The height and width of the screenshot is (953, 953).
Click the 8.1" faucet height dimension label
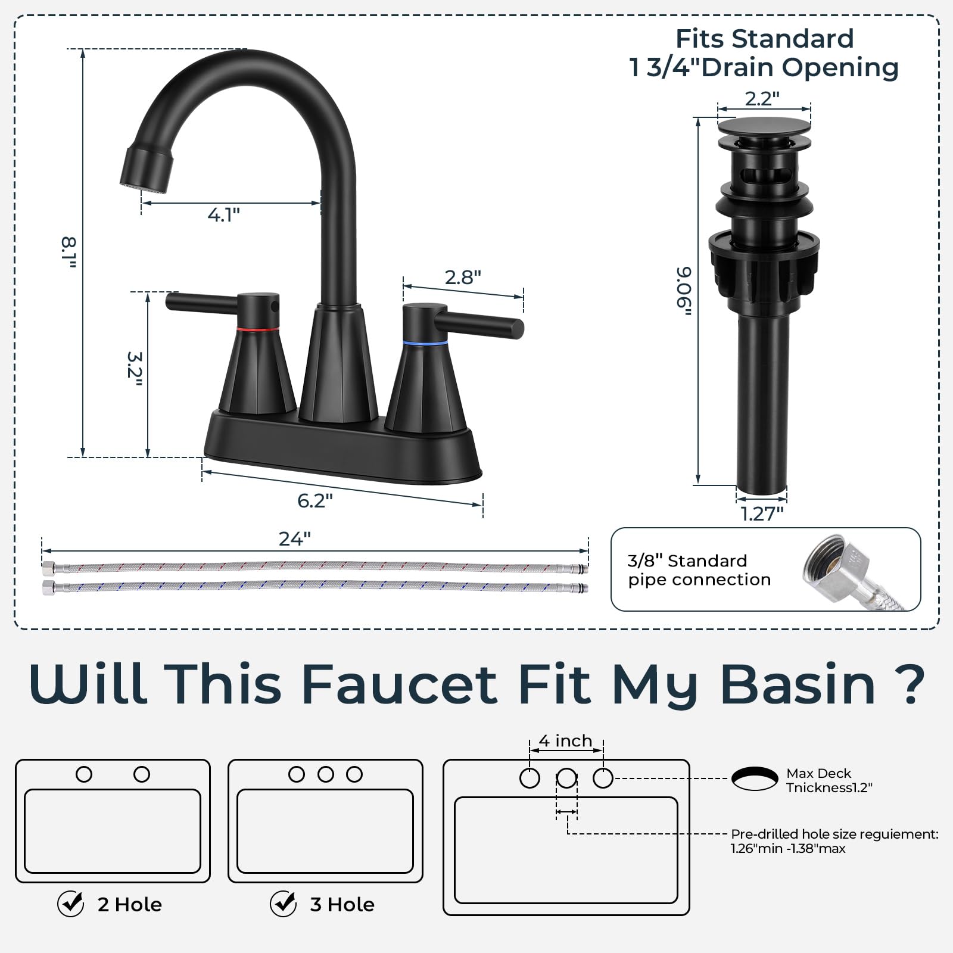[70, 252]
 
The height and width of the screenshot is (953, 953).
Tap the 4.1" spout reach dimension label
[223, 214]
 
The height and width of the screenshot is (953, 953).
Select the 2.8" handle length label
[463, 277]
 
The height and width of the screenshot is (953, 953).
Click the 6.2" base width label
[314, 500]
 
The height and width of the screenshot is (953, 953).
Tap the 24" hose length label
[295, 538]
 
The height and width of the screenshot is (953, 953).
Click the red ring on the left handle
[258, 328]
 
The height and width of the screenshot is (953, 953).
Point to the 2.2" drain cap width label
[762, 98]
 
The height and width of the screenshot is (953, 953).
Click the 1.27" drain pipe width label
[762, 513]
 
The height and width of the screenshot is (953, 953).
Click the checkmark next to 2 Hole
[70, 904]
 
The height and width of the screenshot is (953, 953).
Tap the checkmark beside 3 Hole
[283, 904]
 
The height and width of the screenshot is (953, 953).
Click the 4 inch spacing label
[566, 741]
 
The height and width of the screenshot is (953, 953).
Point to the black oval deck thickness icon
[755, 778]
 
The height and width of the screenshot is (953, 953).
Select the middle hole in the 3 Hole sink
[325, 774]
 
